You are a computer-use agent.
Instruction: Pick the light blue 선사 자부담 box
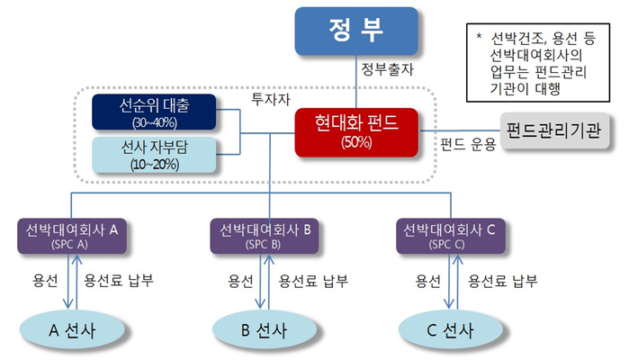click(x=154, y=155)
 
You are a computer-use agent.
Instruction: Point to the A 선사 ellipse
click(x=72, y=329)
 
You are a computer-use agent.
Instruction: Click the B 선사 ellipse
click(x=263, y=329)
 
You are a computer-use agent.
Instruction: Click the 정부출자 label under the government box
click(x=387, y=68)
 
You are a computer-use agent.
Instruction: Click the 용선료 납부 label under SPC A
click(x=118, y=280)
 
